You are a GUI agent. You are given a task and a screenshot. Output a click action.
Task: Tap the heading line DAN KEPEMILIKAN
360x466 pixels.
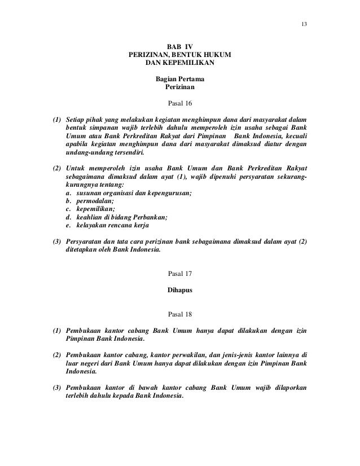(180, 63)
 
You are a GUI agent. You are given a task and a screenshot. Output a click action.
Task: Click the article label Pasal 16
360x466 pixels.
(180, 104)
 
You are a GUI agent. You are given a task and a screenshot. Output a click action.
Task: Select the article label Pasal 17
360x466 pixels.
(180, 274)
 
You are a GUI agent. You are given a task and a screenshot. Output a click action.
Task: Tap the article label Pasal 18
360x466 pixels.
(180, 313)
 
